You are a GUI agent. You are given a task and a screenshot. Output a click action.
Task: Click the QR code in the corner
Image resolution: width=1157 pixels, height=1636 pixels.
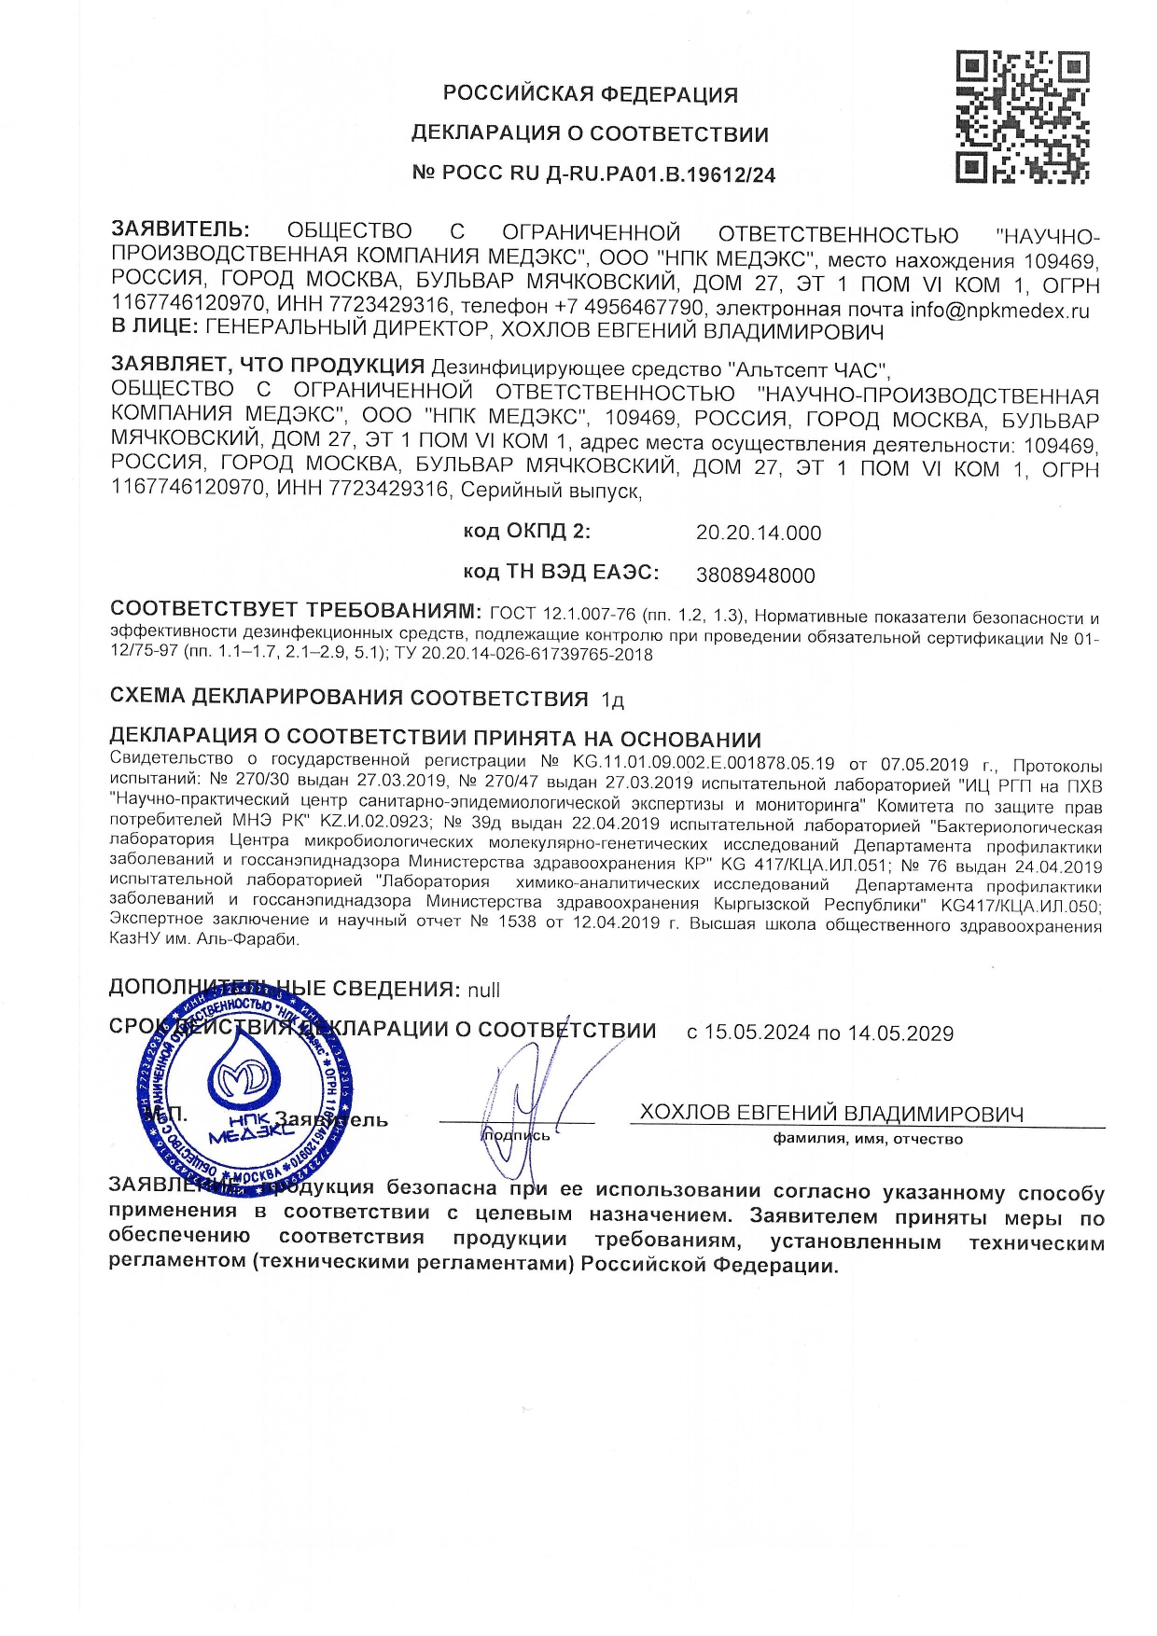click(1022, 117)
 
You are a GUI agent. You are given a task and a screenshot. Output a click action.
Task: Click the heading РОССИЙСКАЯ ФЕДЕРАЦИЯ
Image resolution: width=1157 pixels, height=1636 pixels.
click(590, 94)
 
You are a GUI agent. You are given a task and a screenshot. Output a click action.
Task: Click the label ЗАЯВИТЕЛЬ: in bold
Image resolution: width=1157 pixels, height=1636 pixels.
click(180, 229)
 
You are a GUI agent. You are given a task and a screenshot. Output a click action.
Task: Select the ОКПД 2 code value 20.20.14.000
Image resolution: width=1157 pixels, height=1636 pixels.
click(759, 534)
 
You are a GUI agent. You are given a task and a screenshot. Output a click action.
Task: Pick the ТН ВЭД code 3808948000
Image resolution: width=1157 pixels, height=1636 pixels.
click(755, 576)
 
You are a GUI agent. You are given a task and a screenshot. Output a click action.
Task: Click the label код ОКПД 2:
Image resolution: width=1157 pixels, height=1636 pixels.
click(527, 532)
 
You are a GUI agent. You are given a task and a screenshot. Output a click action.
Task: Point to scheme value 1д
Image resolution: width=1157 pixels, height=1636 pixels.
click(612, 700)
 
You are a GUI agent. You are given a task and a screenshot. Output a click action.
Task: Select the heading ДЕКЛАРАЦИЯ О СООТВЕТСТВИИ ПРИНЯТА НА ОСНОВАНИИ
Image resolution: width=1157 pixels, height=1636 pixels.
click(435, 740)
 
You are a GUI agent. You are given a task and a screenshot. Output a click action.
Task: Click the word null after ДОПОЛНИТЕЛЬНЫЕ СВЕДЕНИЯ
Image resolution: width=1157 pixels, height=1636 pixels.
click(483, 990)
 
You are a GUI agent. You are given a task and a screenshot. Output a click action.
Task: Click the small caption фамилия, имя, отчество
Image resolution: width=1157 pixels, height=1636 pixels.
click(867, 1139)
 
